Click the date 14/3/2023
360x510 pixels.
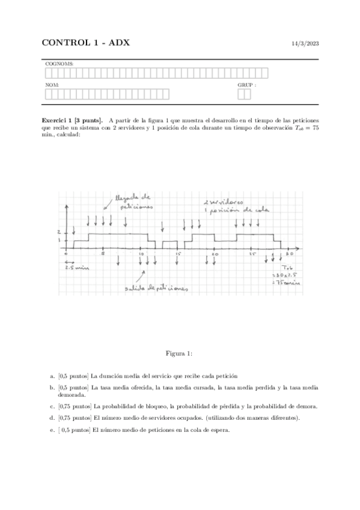[x=304, y=44]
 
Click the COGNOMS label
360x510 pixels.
[x=56, y=63]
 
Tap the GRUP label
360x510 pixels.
[x=246, y=85]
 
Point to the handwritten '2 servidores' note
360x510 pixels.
[x=222, y=203]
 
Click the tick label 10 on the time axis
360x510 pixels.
[x=141, y=255]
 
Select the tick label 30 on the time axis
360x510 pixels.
[x=289, y=255]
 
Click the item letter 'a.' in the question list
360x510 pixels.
[x=52, y=375]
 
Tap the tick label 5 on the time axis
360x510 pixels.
[x=103, y=254]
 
